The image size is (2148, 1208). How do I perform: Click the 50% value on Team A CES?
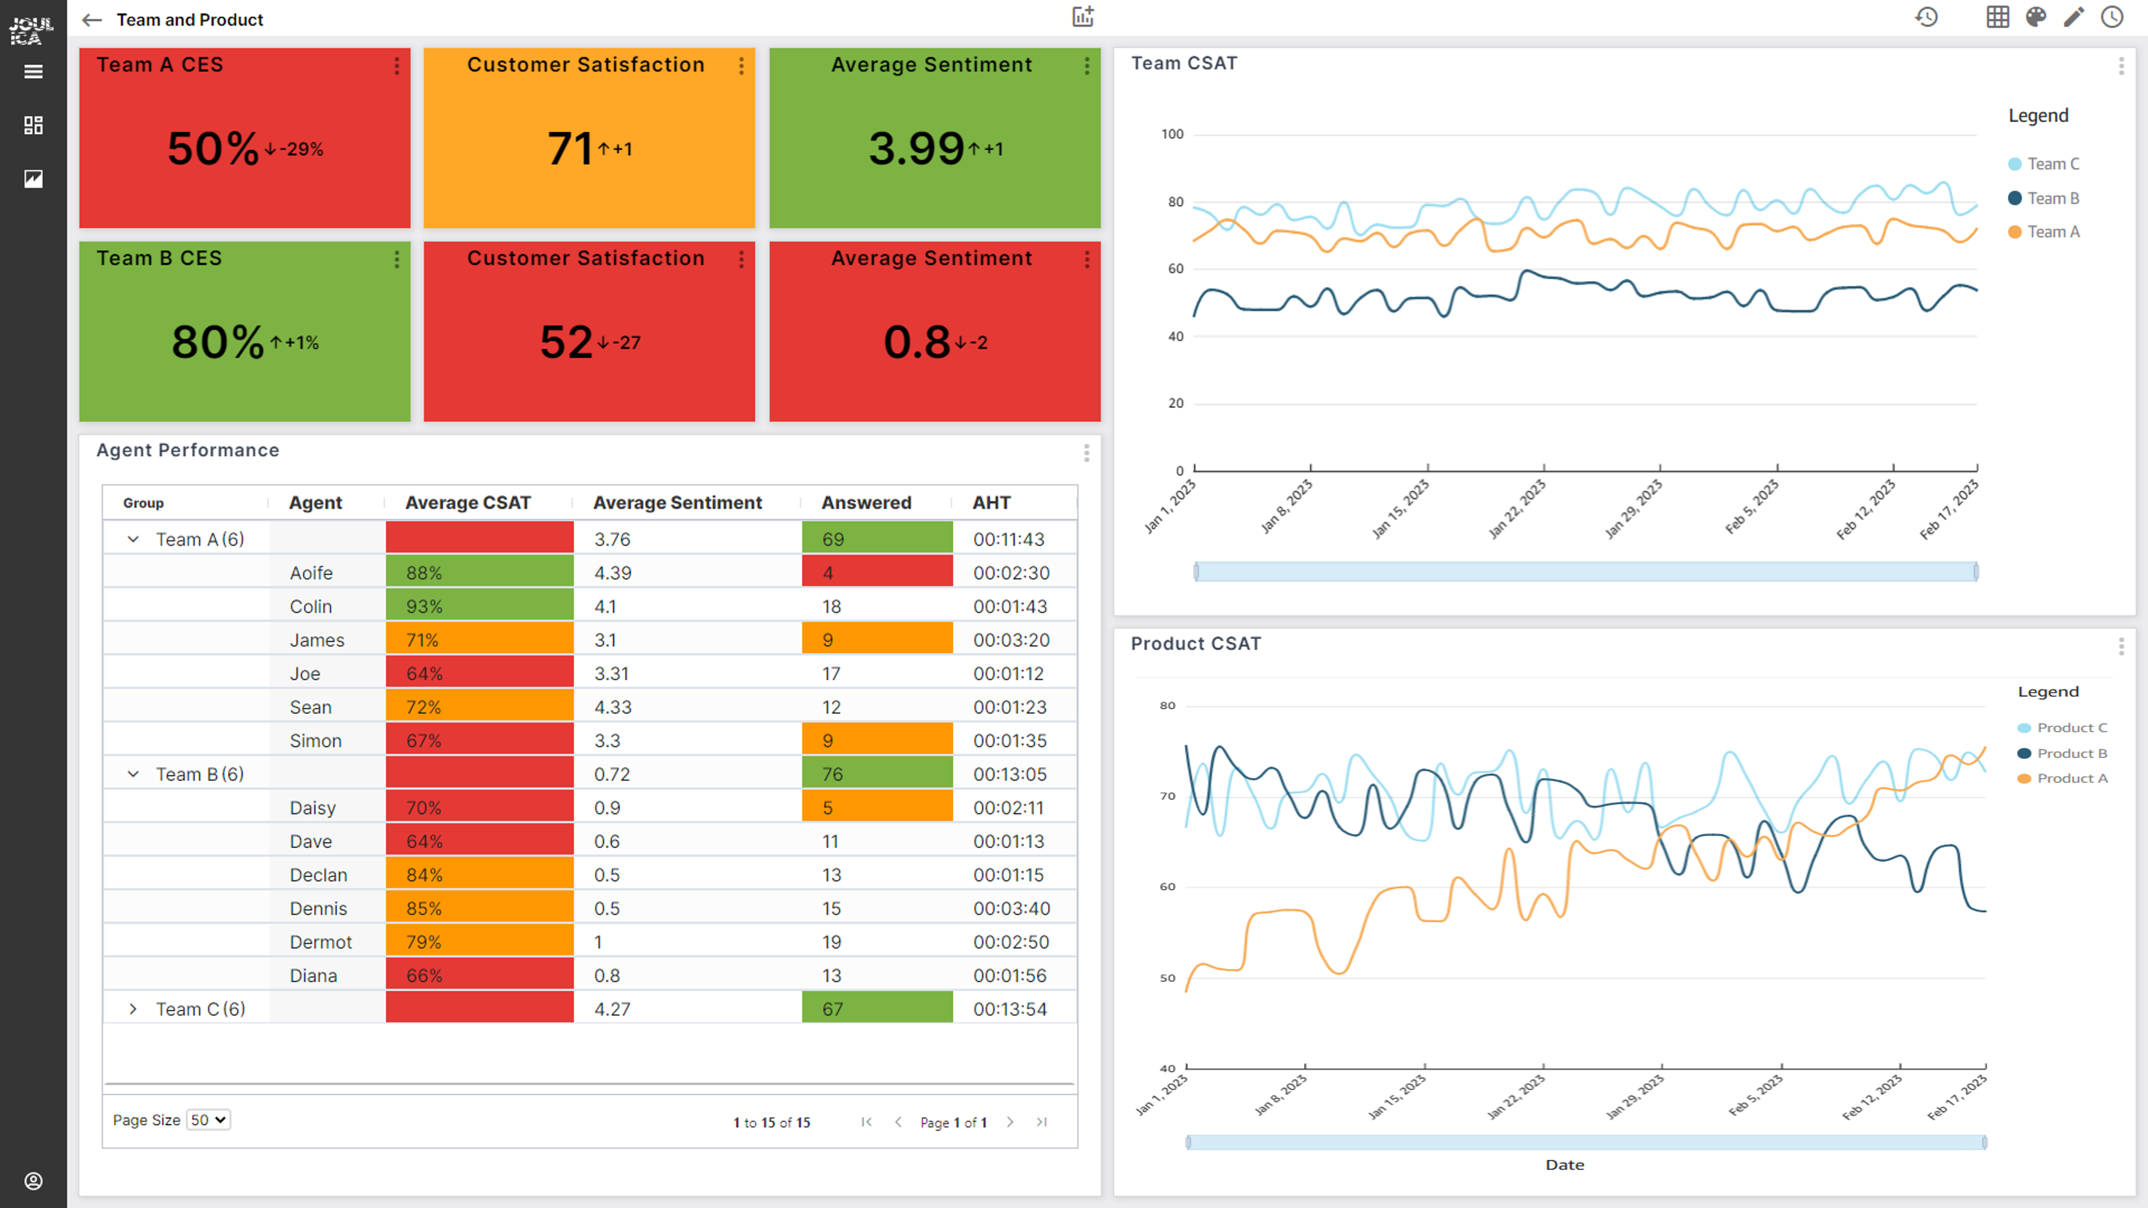pos(213,149)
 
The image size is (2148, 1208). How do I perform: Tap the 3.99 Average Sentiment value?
pos(916,149)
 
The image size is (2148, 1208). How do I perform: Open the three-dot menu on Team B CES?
pos(397,260)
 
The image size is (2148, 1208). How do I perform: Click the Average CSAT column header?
pos(468,503)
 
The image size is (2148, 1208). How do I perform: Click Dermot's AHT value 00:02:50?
pos(1010,942)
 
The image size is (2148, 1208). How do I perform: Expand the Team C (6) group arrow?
pos(133,1009)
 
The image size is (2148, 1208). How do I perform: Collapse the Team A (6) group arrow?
pos(133,539)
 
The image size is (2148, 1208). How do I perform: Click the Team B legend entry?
pos(2052,199)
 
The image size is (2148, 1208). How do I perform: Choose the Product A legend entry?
pos(2071,778)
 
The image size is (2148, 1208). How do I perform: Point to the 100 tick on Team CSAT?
pos(1173,134)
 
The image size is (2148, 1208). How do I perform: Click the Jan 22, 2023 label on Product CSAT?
pos(1516,1097)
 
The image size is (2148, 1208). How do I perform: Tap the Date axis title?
pos(1564,1165)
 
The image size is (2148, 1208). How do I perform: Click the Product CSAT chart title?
pos(1196,644)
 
